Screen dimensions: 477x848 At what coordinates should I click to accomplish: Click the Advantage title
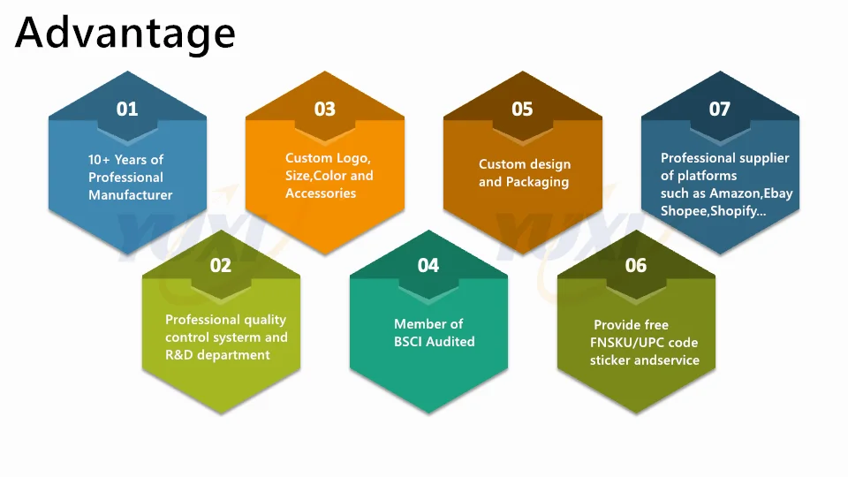[125, 34]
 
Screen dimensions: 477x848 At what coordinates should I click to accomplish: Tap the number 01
[127, 109]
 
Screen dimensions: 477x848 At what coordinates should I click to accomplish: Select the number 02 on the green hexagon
[221, 265]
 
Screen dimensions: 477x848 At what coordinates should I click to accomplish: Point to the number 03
[325, 109]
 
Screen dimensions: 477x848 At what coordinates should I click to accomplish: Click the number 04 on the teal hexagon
[428, 265]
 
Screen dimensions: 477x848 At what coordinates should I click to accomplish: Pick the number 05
[523, 109]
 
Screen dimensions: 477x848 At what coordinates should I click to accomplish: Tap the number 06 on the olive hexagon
[636, 265]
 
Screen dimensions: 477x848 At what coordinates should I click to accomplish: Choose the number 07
[720, 109]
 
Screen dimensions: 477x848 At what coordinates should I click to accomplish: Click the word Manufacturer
[130, 195]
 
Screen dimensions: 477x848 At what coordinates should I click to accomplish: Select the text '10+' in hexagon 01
[99, 160]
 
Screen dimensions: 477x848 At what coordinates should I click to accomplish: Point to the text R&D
[178, 355]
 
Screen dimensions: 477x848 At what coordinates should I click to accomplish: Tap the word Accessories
[321, 193]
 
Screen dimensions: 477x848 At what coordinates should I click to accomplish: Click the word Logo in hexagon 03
[353, 158]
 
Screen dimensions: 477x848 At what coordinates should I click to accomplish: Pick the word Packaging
[537, 182]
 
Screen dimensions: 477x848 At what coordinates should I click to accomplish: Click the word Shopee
[682, 211]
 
